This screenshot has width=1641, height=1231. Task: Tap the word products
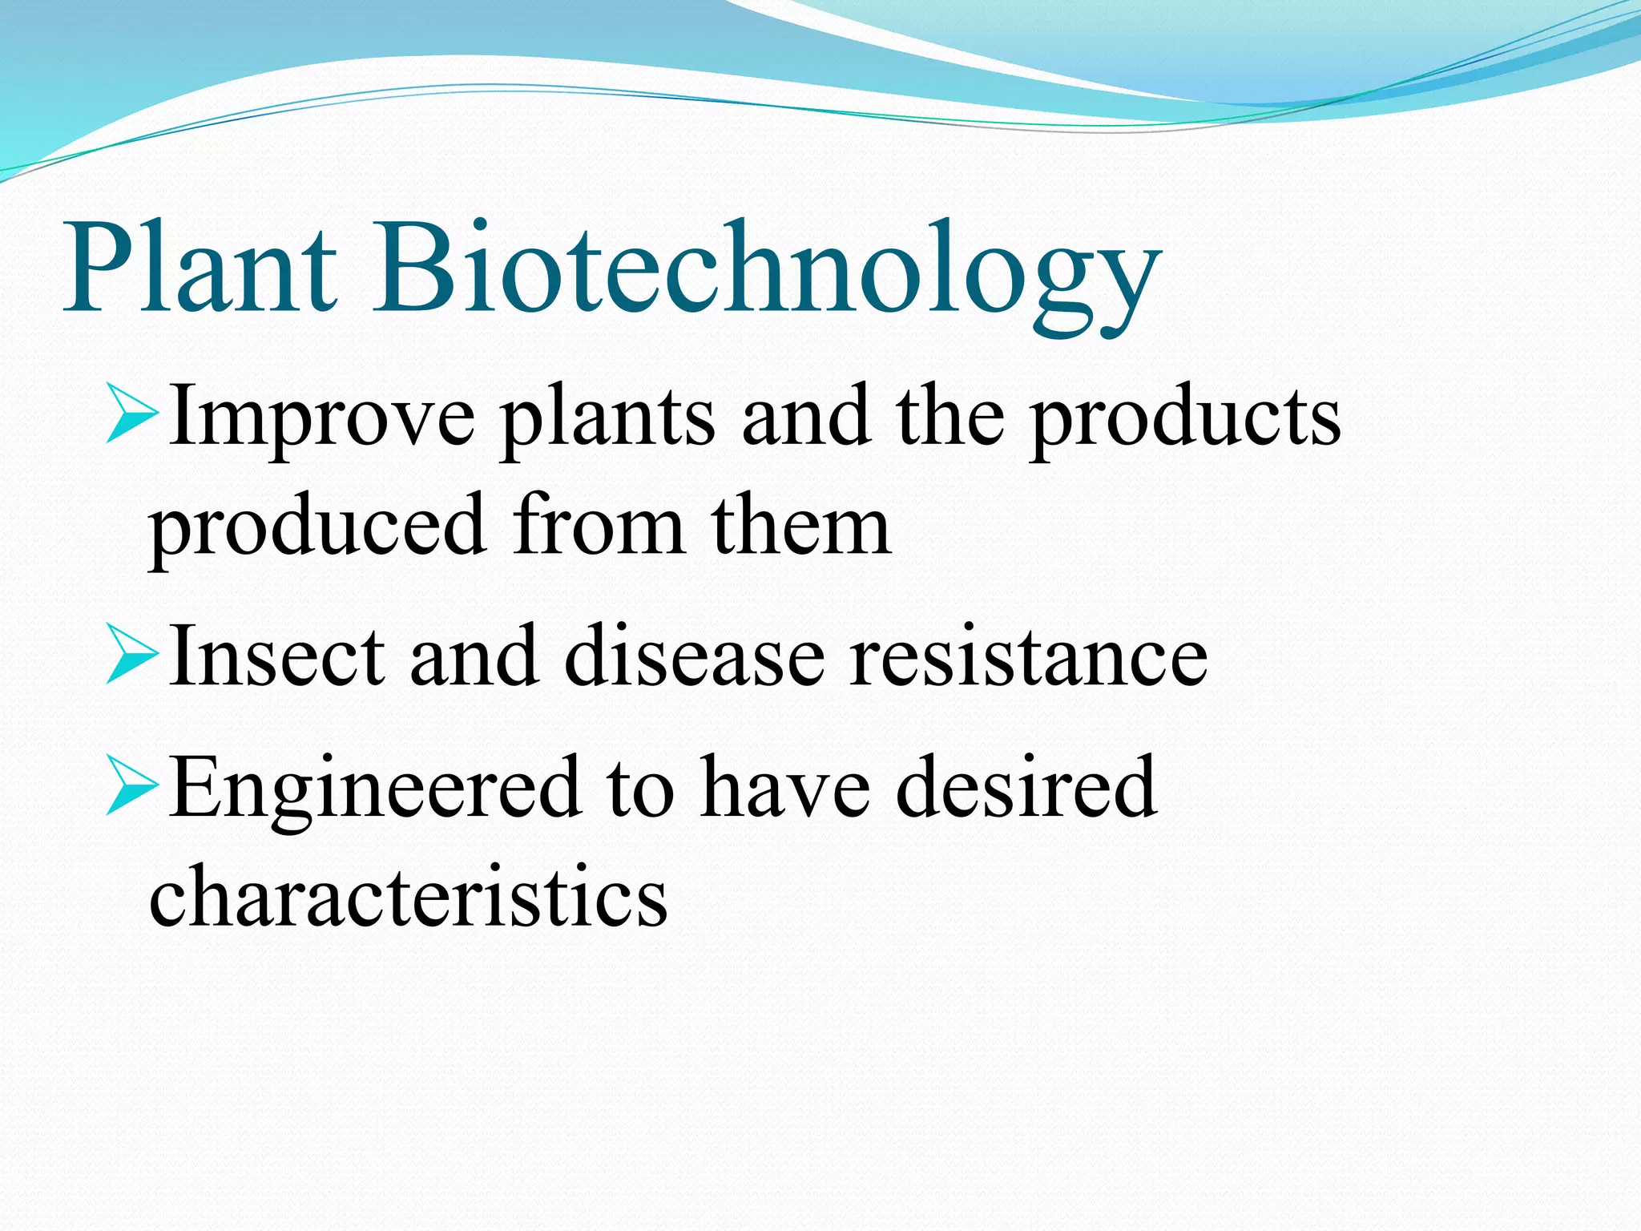1185,421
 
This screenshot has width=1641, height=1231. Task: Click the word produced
317,529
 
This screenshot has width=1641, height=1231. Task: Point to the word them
801,525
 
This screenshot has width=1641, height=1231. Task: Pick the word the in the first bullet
950,417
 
